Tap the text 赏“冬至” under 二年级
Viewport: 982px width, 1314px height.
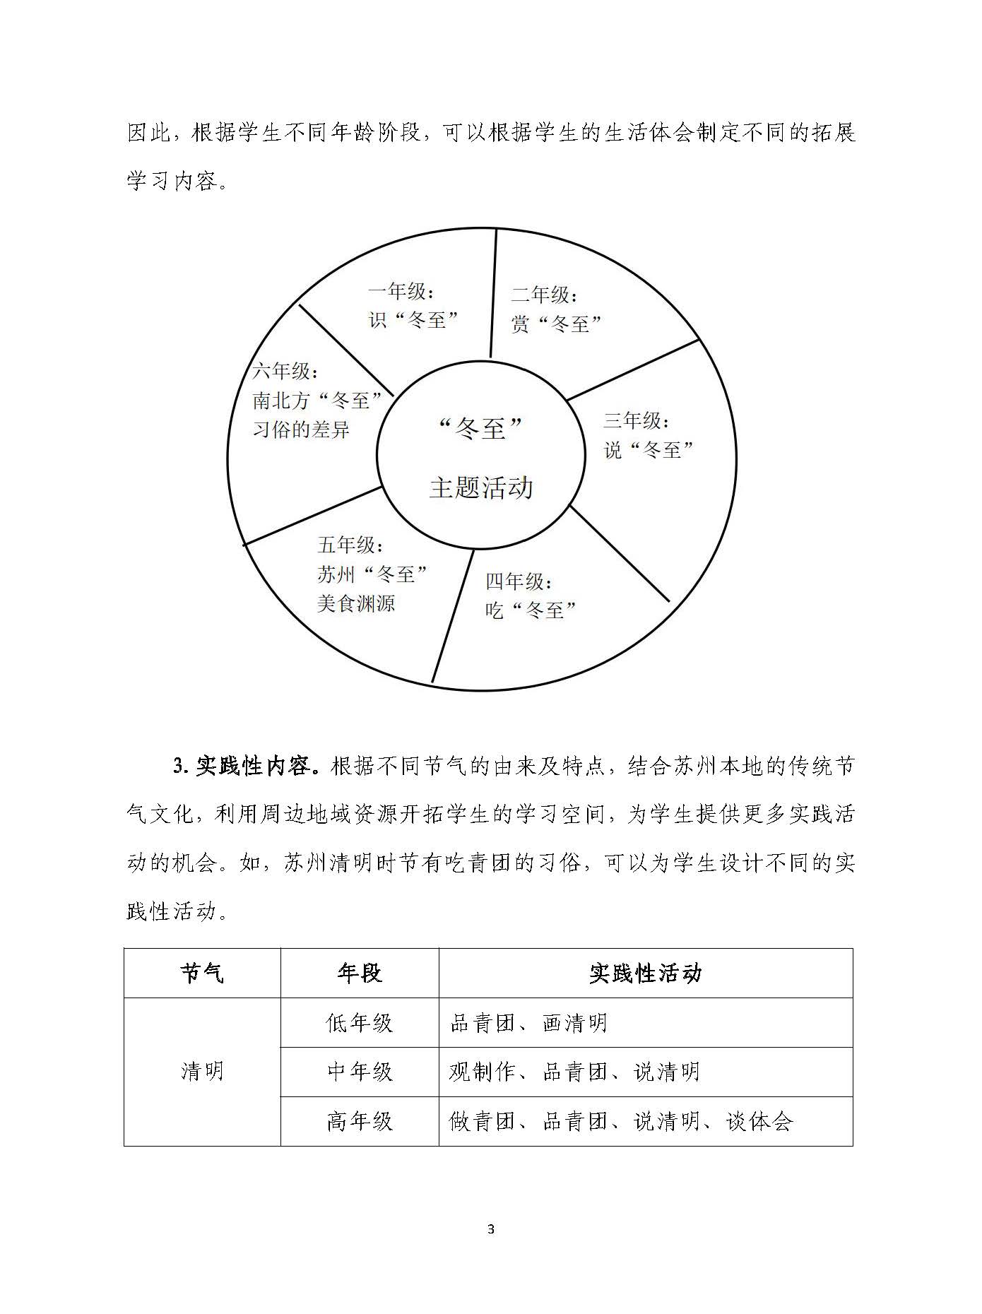(556, 324)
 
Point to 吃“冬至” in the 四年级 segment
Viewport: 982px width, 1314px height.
(531, 610)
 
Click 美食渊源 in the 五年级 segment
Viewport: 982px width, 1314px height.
(355, 603)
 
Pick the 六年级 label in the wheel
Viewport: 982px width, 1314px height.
(285, 372)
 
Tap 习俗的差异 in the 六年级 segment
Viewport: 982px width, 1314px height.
(301, 430)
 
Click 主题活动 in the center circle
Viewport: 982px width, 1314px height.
(481, 488)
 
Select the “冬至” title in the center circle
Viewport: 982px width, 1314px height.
(481, 428)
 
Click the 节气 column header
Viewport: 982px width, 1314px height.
(202, 973)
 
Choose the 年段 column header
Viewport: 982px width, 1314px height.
(360, 973)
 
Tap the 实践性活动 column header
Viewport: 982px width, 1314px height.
(645, 973)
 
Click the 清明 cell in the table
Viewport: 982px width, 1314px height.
(202, 1072)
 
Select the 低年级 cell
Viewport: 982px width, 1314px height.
(360, 1022)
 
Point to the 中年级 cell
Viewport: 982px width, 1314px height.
(360, 1072)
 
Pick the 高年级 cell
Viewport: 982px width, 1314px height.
(360, 1121)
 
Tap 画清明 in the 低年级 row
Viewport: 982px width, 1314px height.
(574, 1023)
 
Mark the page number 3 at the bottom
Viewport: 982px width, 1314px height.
(491, 1229)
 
